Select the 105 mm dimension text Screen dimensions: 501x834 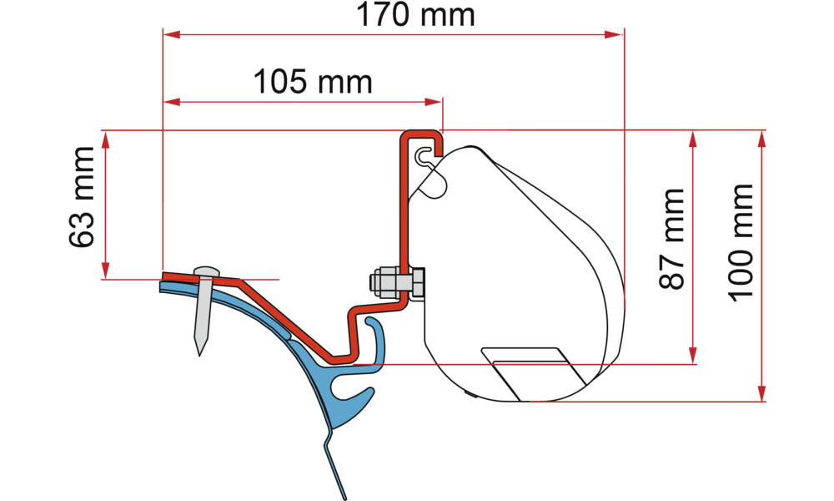click(313, 83)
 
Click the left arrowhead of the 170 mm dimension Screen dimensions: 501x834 click(171, 34)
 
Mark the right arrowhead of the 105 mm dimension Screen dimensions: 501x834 click(435, 102)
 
